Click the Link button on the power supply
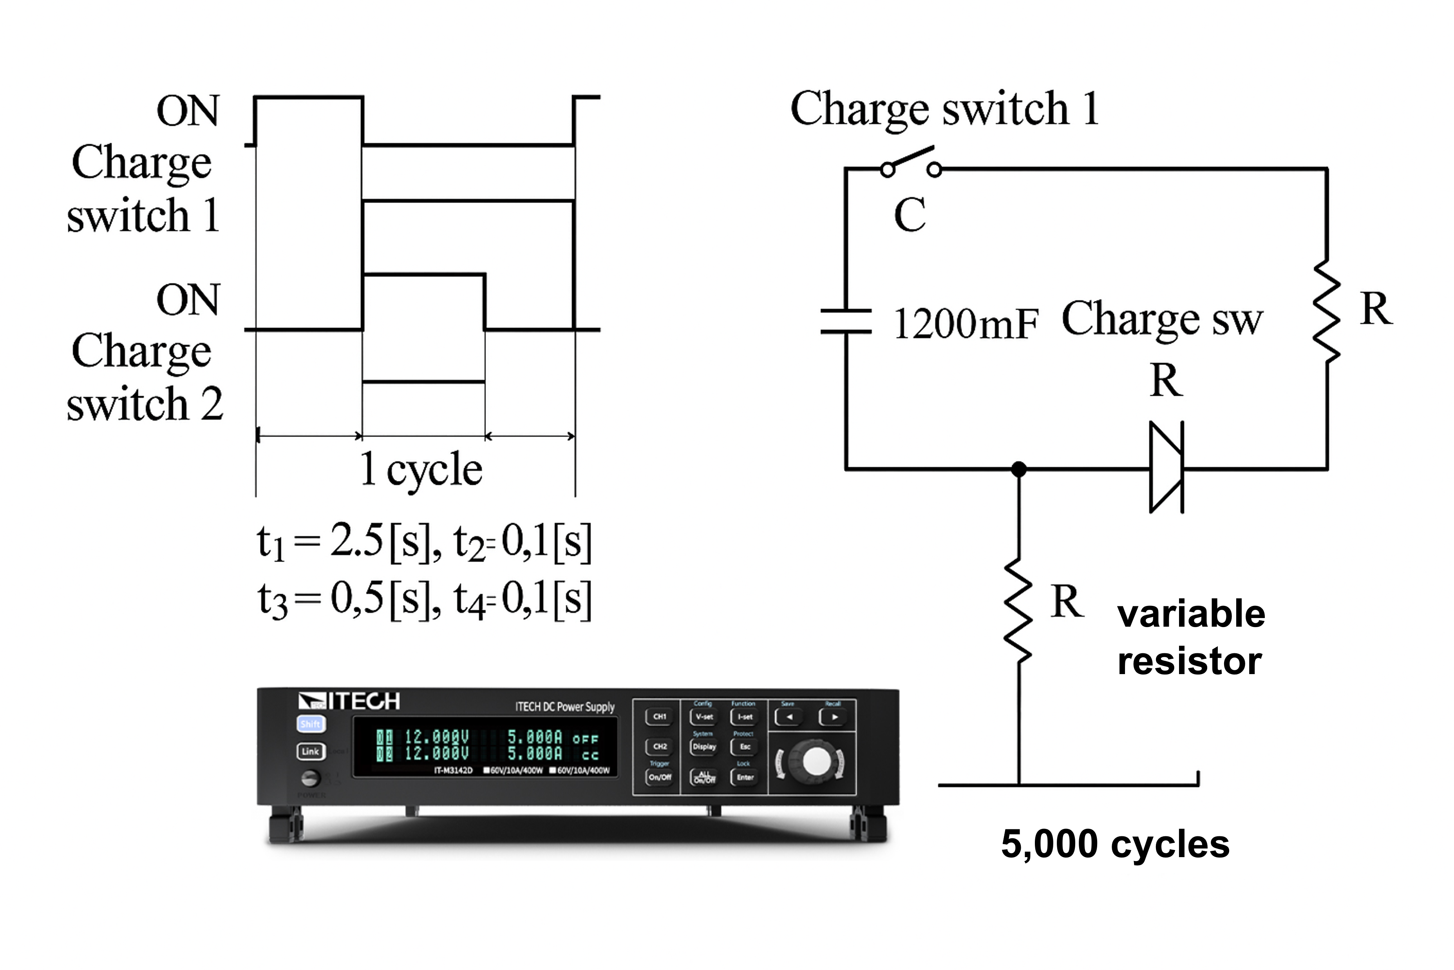(x=310, y=751)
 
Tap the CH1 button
(x=659, y=716)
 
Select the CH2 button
(x=659, y=746)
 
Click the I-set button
(x=744, y=716)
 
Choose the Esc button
(x=744, y=746)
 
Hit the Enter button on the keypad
(x=744, y=777)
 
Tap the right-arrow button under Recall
(x=833, y=717)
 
